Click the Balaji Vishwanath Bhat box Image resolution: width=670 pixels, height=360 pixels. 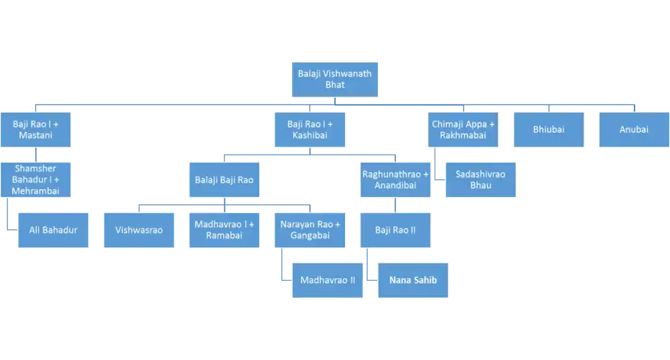(x=334, y=80)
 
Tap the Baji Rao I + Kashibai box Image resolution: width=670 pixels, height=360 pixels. (x=310, y=129)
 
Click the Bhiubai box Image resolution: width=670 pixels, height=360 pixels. (x=548, y=129)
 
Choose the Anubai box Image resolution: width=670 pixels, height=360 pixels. (x=633, y=129)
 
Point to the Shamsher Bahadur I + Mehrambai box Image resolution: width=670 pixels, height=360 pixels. (x=36, y=179)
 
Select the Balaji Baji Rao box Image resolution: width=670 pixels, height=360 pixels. (x=224, y=179)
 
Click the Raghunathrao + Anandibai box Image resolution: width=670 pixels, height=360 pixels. (x=395, y=179)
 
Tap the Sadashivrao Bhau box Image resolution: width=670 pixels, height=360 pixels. (x=480, y=179)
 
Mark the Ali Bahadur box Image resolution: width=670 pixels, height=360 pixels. (x=54, y=230)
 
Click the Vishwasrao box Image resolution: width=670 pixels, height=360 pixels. (x=139, y=230)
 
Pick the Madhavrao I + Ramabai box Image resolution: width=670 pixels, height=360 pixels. (x=224, y=230)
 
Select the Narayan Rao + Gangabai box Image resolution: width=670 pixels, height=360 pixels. (x=310, y=230)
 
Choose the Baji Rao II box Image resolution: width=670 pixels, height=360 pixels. (x=395, y=230)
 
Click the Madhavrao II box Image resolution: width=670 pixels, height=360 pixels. (x=327, y=280)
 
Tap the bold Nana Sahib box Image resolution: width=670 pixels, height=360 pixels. (x=413, y=280)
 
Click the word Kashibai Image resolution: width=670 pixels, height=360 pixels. (x=310, y=135)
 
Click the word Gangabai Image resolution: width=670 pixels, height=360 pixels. (x=310, y=236)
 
